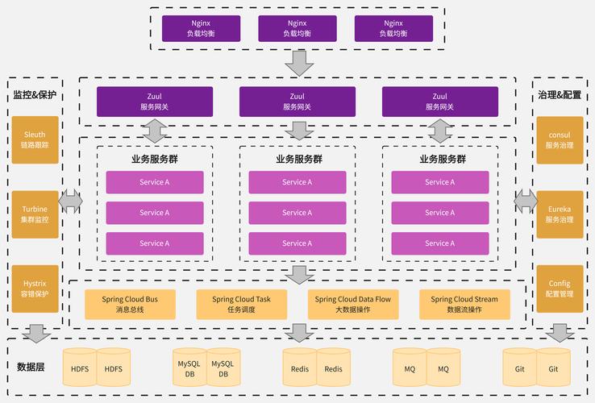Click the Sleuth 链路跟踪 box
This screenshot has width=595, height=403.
tap(35, 139)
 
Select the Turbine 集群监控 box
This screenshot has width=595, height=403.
tap(35, 214)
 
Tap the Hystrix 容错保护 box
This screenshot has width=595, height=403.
tap(35, 289)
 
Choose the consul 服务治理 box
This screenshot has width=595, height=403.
tap(560, 139)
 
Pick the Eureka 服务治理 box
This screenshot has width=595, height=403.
tap(560, 214)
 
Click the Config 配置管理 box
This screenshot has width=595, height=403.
tap(560, 289)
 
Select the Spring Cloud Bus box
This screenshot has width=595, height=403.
tap(130, 304)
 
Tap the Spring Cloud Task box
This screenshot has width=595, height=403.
tap(241, 304)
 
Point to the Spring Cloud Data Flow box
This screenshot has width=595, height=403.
tap(353, 304)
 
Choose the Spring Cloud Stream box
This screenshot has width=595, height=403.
tap(464, 304)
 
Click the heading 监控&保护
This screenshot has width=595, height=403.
tap(35, 95)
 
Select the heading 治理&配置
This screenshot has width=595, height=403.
tap(560, 95)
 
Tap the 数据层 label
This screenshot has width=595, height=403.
tap(31, 367)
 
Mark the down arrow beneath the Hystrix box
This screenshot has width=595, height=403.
tap(35, 332)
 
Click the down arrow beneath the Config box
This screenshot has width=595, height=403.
tap(560, 332)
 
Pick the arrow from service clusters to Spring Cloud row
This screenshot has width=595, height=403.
tap(300, 274)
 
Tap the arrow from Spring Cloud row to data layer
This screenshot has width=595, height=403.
tap(300, 332)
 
